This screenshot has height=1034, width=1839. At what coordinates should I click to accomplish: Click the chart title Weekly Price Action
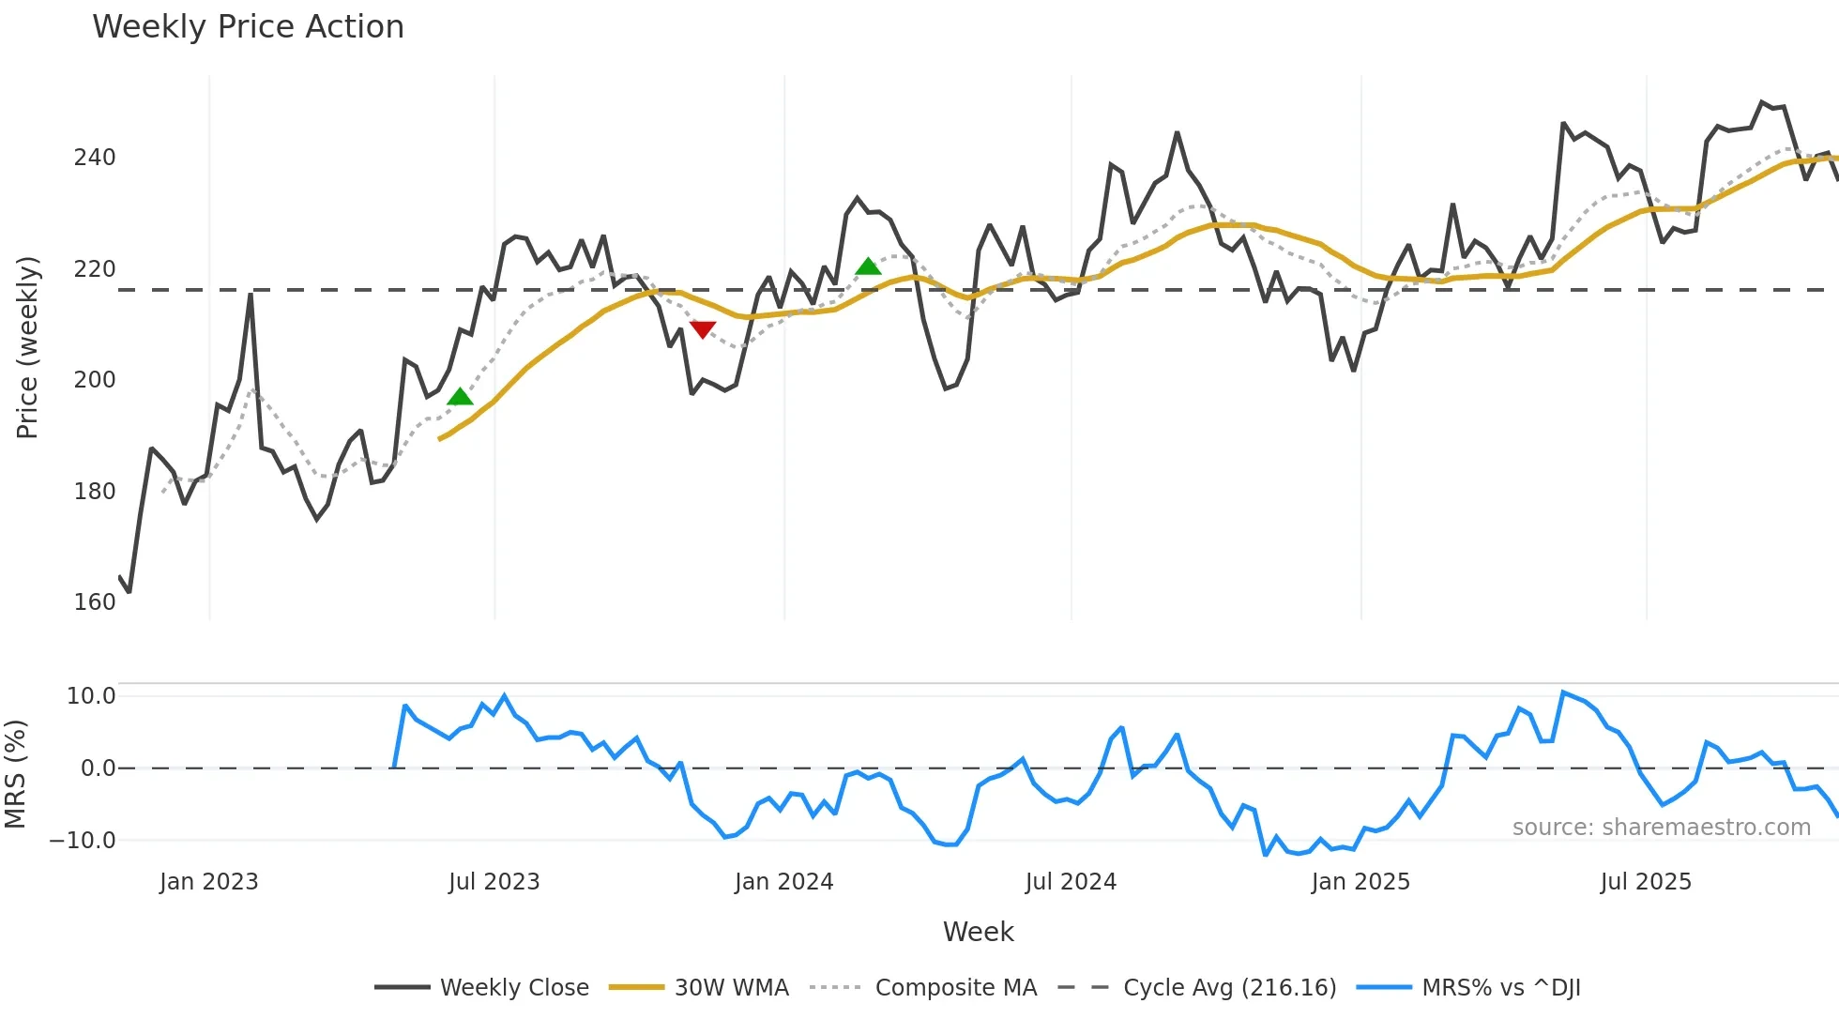pos(248,27)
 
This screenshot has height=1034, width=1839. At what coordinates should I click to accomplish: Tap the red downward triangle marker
pos(703,328)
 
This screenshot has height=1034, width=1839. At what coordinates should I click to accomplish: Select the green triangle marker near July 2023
pos(460,397)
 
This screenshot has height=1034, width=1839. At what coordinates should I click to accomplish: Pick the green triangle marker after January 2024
pos(868,266)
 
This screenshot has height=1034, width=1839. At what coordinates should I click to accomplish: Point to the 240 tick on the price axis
pos(95,158)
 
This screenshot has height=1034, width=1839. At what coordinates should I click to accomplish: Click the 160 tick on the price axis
pos(95,602)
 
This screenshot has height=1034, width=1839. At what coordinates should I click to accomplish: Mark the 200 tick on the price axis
pos(95,380)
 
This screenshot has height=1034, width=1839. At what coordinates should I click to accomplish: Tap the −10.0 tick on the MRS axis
pos(83,841)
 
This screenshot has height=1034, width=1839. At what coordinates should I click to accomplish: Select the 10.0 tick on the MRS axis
pos(91,696)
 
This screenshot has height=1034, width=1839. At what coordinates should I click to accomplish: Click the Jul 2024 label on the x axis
pos(1071,882)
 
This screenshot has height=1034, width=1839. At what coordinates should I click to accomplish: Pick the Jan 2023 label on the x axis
pos(208,882)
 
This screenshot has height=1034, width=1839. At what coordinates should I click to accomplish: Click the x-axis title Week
pos(978,932)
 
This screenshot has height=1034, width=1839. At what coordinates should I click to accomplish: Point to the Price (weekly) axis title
pos(27,347)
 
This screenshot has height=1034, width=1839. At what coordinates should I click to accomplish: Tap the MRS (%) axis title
pos(15,774)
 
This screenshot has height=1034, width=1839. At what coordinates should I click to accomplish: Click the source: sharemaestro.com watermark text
pos(1661,828)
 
